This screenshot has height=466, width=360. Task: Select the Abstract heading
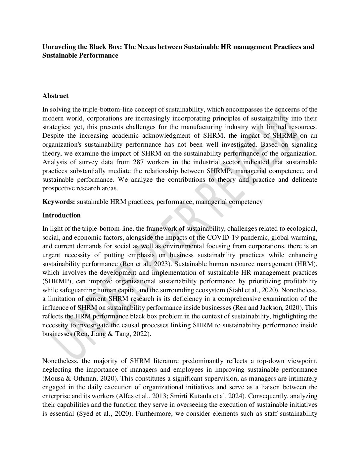point(55,96)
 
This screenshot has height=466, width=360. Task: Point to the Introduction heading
point(62,215)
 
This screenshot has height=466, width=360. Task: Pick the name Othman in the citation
point(77,378)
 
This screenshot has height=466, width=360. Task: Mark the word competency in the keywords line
point(247,202)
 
